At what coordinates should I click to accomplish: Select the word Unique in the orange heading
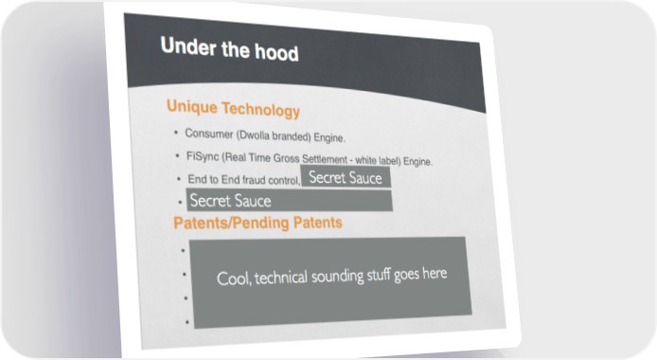click(x=192, y=106)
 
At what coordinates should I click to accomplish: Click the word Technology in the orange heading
click(x=260, y=109)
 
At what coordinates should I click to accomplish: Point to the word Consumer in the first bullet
click(x=209, y=134)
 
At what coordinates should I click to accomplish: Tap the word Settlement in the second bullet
click(x=325, y=159)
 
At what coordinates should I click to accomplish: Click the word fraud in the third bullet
click(x=254, y=180)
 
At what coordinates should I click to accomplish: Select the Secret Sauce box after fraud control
click(x=346, y=177)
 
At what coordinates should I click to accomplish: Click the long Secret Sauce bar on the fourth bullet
click(x=290, y=200)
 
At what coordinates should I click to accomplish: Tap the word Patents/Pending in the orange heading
click(x=231, y=223)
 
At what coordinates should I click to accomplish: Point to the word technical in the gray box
click(x=280, y=278)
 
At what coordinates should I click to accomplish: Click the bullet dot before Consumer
click(x=176, y=133)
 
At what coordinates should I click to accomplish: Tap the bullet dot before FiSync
click(x=178, y=156)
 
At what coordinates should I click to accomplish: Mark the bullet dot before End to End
click(x=179, y=179)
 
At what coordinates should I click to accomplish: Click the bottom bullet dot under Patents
click(x=186, y=322)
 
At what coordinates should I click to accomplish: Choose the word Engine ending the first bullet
click(x=329, y=137)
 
